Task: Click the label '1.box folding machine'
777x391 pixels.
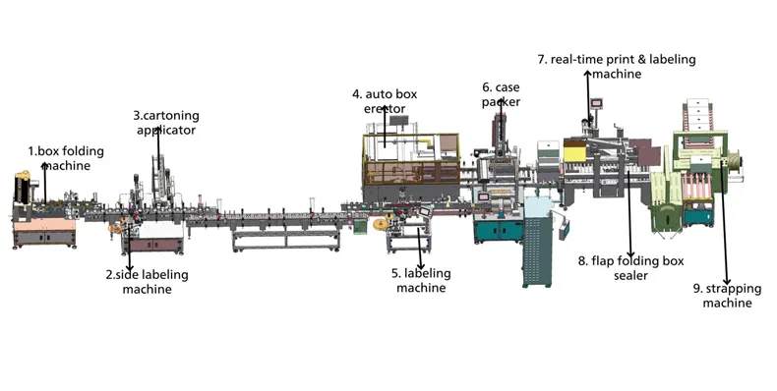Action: pyautogui.click(x=66, y=158)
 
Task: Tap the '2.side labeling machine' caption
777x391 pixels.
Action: pyautogui.click(x=148, y=282)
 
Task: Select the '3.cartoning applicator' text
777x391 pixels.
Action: pyautogui.click(x=166, y=123)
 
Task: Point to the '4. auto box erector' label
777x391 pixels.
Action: pyautogui.click(x=385, y=101)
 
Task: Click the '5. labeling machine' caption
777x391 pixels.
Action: pyautogui.click(x=421, y=280)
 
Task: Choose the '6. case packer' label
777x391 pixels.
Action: pyautogui.click(x=501, y=94)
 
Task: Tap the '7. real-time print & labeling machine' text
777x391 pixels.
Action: pyautogui.click(x=617, y=67)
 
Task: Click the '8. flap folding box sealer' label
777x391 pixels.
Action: pyautogui.click(x=630, y=268)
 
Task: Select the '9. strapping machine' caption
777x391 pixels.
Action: pyautogui.click(x=727, y=296)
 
